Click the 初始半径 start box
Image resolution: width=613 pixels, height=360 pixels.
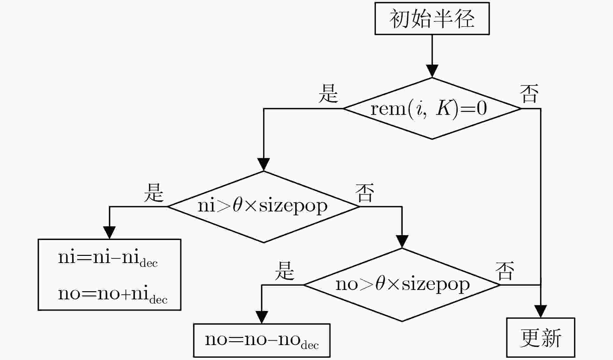(432, 18)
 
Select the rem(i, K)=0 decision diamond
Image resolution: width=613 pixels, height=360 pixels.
(432, 108)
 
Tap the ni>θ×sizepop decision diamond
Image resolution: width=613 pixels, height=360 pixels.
(264, 207)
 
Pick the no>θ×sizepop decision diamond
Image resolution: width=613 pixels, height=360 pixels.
(402, 285)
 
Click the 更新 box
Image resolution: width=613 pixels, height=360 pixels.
(541, 338)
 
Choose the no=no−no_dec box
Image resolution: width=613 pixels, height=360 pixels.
(262, 341)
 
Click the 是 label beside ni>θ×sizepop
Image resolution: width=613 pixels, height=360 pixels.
(154, 192)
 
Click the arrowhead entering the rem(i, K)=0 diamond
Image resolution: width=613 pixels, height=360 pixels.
(432, 71)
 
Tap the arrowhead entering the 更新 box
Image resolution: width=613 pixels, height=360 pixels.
(541, 311)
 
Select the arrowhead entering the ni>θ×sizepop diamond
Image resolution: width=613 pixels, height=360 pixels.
(264, 164)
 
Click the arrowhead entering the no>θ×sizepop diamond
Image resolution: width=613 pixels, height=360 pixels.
(402, 242)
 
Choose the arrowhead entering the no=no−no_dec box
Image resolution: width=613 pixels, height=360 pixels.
(262, 317)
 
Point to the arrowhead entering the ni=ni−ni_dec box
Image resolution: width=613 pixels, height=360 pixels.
(109, 233)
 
